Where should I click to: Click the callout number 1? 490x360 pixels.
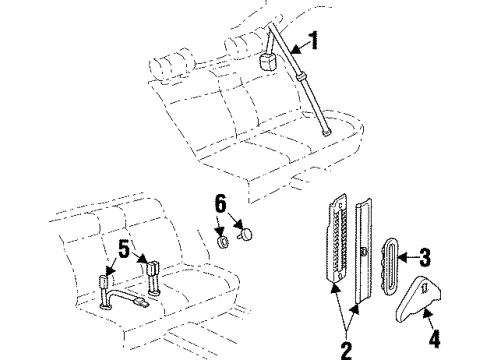tap(315, 41)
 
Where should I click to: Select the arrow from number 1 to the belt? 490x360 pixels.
tap(298, 44)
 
